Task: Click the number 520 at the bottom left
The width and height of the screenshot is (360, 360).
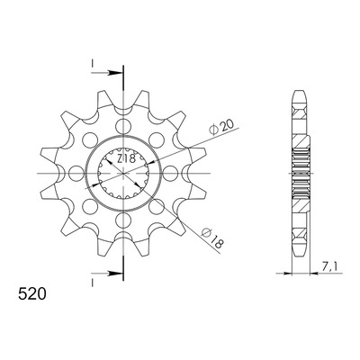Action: [32, 294]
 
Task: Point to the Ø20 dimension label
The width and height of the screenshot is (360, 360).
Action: [222, 128]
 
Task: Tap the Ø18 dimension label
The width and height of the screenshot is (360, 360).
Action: [212, 238]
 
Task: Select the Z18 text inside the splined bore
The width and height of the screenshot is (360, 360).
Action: [126, 158]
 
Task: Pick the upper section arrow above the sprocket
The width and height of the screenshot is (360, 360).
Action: [107, 73]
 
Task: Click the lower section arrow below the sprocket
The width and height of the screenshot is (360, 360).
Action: [107, 274]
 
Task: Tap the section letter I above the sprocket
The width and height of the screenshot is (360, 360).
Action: [93, 63]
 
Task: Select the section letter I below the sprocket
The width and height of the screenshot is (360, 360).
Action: [93, 283]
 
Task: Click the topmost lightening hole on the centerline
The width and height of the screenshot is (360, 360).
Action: [123, 125]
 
